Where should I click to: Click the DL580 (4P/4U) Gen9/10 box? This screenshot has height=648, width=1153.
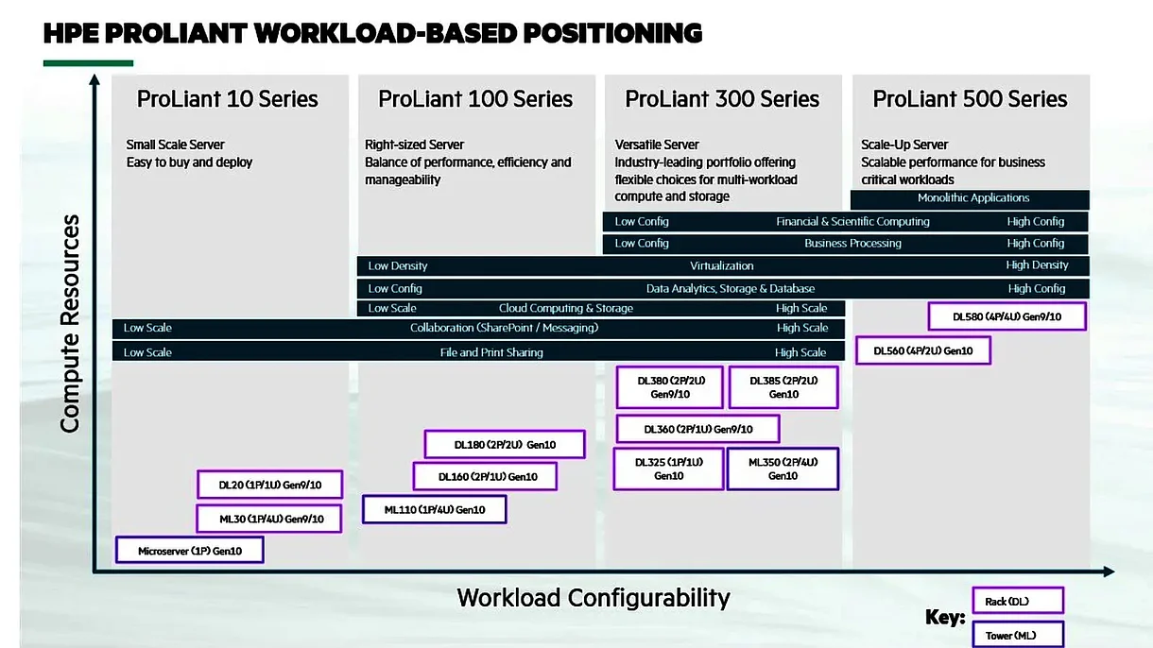point(1007,316)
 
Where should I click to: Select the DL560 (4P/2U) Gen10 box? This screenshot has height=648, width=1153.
point(922,350)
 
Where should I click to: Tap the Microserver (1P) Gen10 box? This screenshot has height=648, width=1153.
point(189,550)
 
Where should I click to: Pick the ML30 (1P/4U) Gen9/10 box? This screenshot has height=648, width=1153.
point(268,519)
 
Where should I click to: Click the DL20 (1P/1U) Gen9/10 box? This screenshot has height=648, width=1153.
point(269,485)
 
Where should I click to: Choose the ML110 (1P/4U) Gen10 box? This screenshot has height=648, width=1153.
point(435,510)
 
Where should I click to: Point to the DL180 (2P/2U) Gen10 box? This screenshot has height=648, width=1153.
point(504,444)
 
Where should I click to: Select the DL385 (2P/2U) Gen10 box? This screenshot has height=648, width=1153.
point(783,387)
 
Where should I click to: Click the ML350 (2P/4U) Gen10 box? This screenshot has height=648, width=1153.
point(783,469)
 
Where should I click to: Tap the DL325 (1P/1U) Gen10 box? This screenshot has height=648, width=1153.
point(668,469)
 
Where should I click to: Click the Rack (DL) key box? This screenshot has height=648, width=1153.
point(1017,601)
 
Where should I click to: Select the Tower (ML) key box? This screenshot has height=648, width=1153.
point(1017,635)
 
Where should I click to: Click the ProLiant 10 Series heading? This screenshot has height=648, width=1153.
point(228,99)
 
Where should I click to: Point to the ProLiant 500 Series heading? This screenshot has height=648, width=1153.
point(970,99)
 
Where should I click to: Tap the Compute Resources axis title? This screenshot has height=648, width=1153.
point(70,324)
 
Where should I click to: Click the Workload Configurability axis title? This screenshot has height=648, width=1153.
point(594,598)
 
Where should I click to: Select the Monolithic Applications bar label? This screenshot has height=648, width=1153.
point(972,198)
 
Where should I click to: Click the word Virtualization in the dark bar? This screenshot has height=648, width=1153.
point(721,266)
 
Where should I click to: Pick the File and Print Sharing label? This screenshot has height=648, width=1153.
point(491,352)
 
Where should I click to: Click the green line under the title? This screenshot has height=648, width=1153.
point(88,63)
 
